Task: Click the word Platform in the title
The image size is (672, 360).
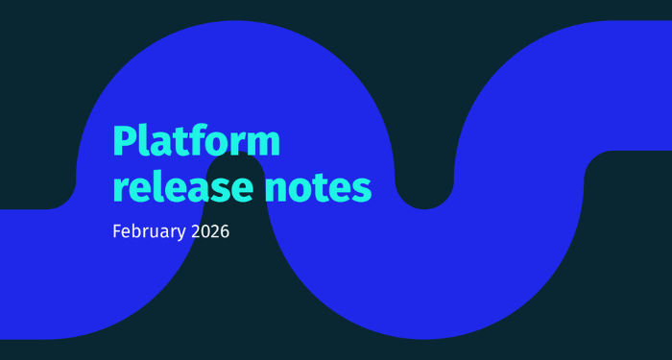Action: pyautogui.click(x=197, y=140)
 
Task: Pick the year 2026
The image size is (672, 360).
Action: pyautogui.click(x=209, y=231)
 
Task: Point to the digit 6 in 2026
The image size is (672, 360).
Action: pyautogui.click(x=225, y=231)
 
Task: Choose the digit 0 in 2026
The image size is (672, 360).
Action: pyautogui.click(x=204, y=231)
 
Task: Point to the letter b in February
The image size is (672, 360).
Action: pyautogui.click(x=137, y=231)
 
